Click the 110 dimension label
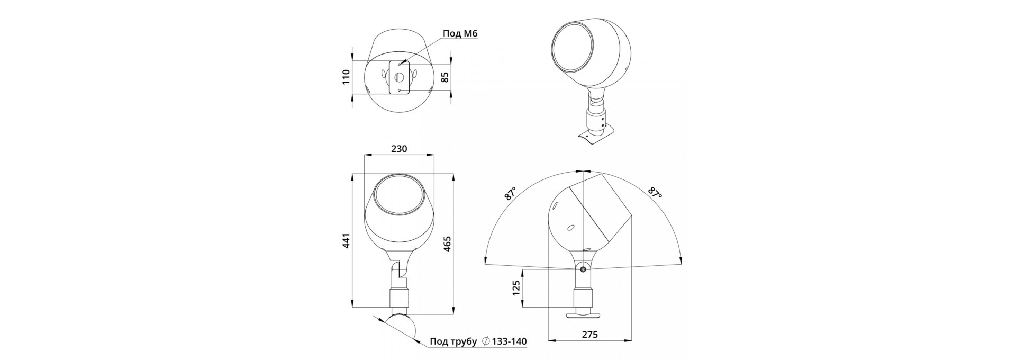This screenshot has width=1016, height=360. click(x=347, y=77)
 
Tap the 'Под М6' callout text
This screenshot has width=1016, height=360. click(x=460, y=34)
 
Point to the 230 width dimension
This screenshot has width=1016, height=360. click(x=399, y=149)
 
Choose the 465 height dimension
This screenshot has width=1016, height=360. click(x=447, y=244)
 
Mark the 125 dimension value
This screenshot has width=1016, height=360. click(x=517, y=287)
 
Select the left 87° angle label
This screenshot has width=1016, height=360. click(x=510, y=193)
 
